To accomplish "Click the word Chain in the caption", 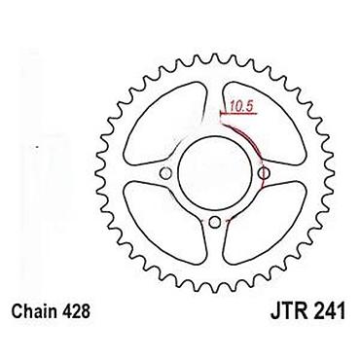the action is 34,311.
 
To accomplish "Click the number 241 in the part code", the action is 328,311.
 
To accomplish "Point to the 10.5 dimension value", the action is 240,106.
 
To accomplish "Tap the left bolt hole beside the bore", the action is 165,173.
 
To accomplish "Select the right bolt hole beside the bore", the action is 264,173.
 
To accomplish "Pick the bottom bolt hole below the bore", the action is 214,222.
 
